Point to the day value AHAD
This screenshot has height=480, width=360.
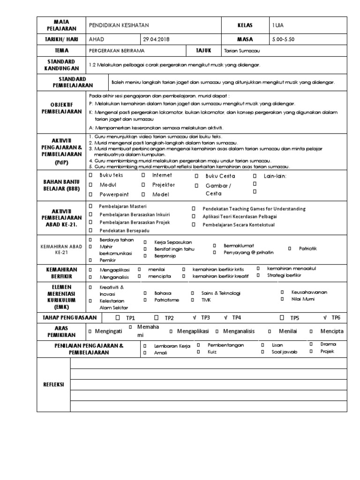click(x=96, y=40)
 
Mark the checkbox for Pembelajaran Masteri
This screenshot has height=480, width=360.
click(x=90, y=206)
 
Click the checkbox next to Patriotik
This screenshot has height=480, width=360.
click(x=290, y=248)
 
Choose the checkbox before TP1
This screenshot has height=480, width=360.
click(x=118, y=318)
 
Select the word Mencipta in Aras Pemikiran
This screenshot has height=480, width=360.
click(x=332, y=331)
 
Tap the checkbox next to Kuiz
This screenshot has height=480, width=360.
click(x=198, y=352)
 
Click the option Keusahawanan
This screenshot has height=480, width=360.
click(x=309, y=292)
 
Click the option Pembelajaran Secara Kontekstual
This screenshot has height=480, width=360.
click(x=239, y=225)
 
